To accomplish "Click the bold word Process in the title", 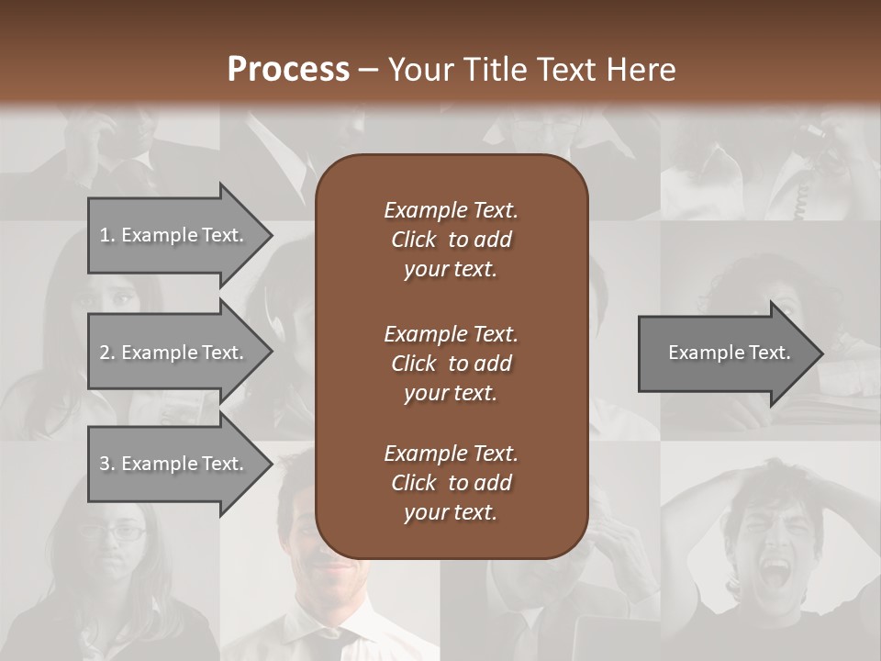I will click(x=288, y=70).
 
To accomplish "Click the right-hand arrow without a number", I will click(x=725, y=353).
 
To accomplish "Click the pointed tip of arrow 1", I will click(x=269, y=235).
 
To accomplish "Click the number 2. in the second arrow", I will click(x=106, y=353).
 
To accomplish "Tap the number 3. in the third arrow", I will click(x=106, y=464).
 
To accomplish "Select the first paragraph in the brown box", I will click(x=451, y=240).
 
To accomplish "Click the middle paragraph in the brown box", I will click(x=451, y=363).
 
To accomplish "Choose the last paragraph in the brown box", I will click(x=451, y=483).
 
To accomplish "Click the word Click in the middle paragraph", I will click(x=414, y=363).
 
